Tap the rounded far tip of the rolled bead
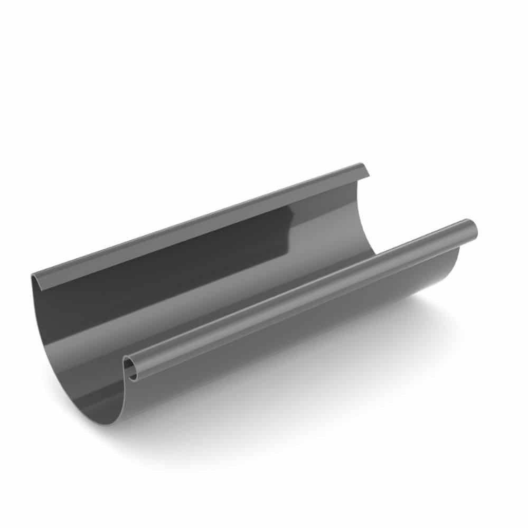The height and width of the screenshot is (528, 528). click(472, 229)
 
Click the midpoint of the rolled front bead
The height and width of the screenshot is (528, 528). click(301, 299)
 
